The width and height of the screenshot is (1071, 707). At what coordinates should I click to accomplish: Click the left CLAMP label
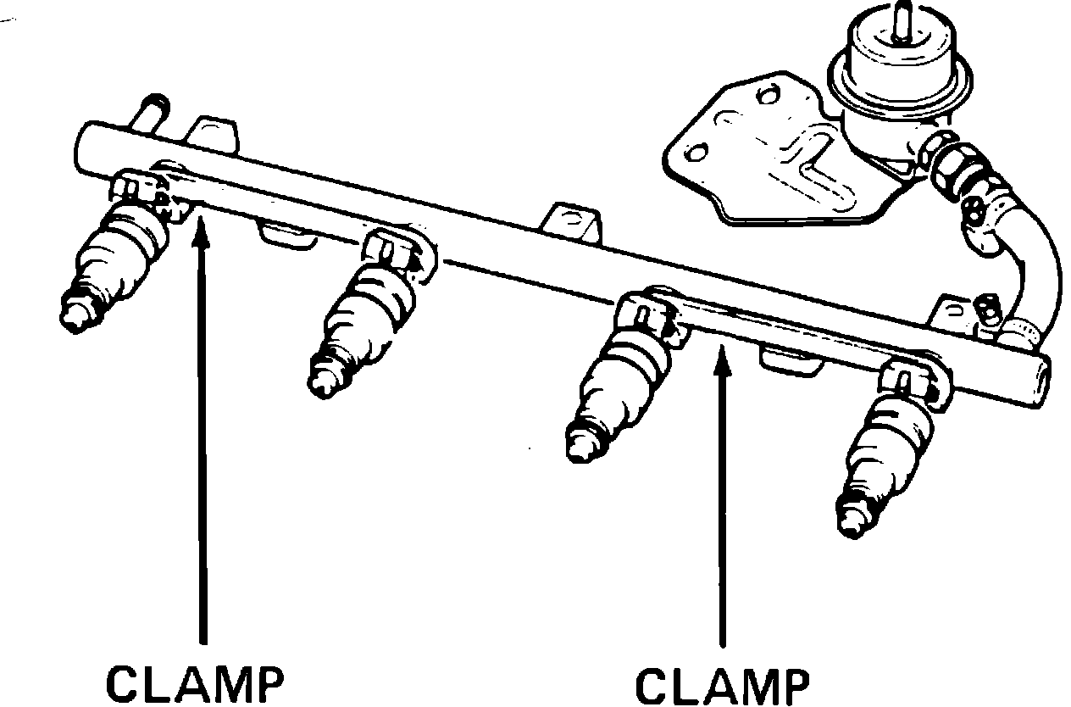[195, 682]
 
